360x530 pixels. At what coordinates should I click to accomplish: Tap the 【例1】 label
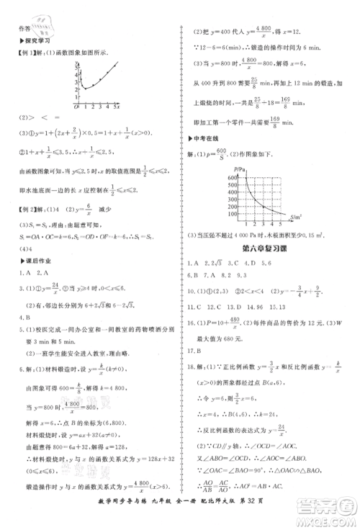(22, 53)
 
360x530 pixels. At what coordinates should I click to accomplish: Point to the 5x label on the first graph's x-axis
(117, 107)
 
